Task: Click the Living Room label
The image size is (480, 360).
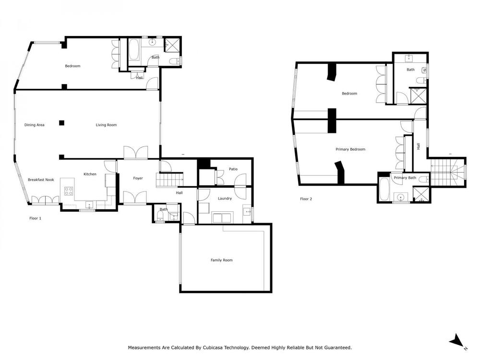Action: pyautogui.click(x=106, y=125)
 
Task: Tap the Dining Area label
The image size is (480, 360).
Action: pyautogui.click(x=34, y=125)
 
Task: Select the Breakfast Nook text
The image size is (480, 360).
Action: pyautogui.click(x=41, y=180)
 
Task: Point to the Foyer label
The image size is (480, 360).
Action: pyautogui.click(x=138, y=178)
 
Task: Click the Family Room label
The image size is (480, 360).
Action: pyautogui.click(x=221, y=260)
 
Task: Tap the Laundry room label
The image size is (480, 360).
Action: pyautogui.click(x=225, y=198)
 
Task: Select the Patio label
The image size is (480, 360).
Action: pyautogui.click(x=233, y=169)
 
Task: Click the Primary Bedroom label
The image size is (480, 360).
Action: pyautogui.click(x=350, y=149)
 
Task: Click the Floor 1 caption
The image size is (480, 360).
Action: pyautogui.click(x=35, y=218)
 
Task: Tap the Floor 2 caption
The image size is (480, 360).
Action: pyautogui.click(x=306, y=199)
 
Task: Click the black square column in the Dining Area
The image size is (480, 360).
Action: pyautogui.click(x=61, y=123)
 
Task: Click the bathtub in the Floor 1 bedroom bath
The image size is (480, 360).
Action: pyautogui.click(x=134, y=51)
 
